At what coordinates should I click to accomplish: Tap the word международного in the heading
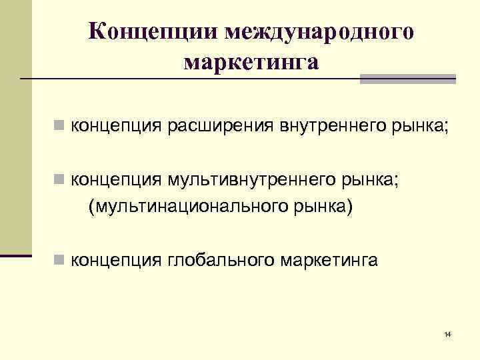[320, 32]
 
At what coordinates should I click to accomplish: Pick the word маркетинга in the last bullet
[325, 259]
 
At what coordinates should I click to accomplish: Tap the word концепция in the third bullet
[113, 259]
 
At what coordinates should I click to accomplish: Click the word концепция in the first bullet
[113, 124]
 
